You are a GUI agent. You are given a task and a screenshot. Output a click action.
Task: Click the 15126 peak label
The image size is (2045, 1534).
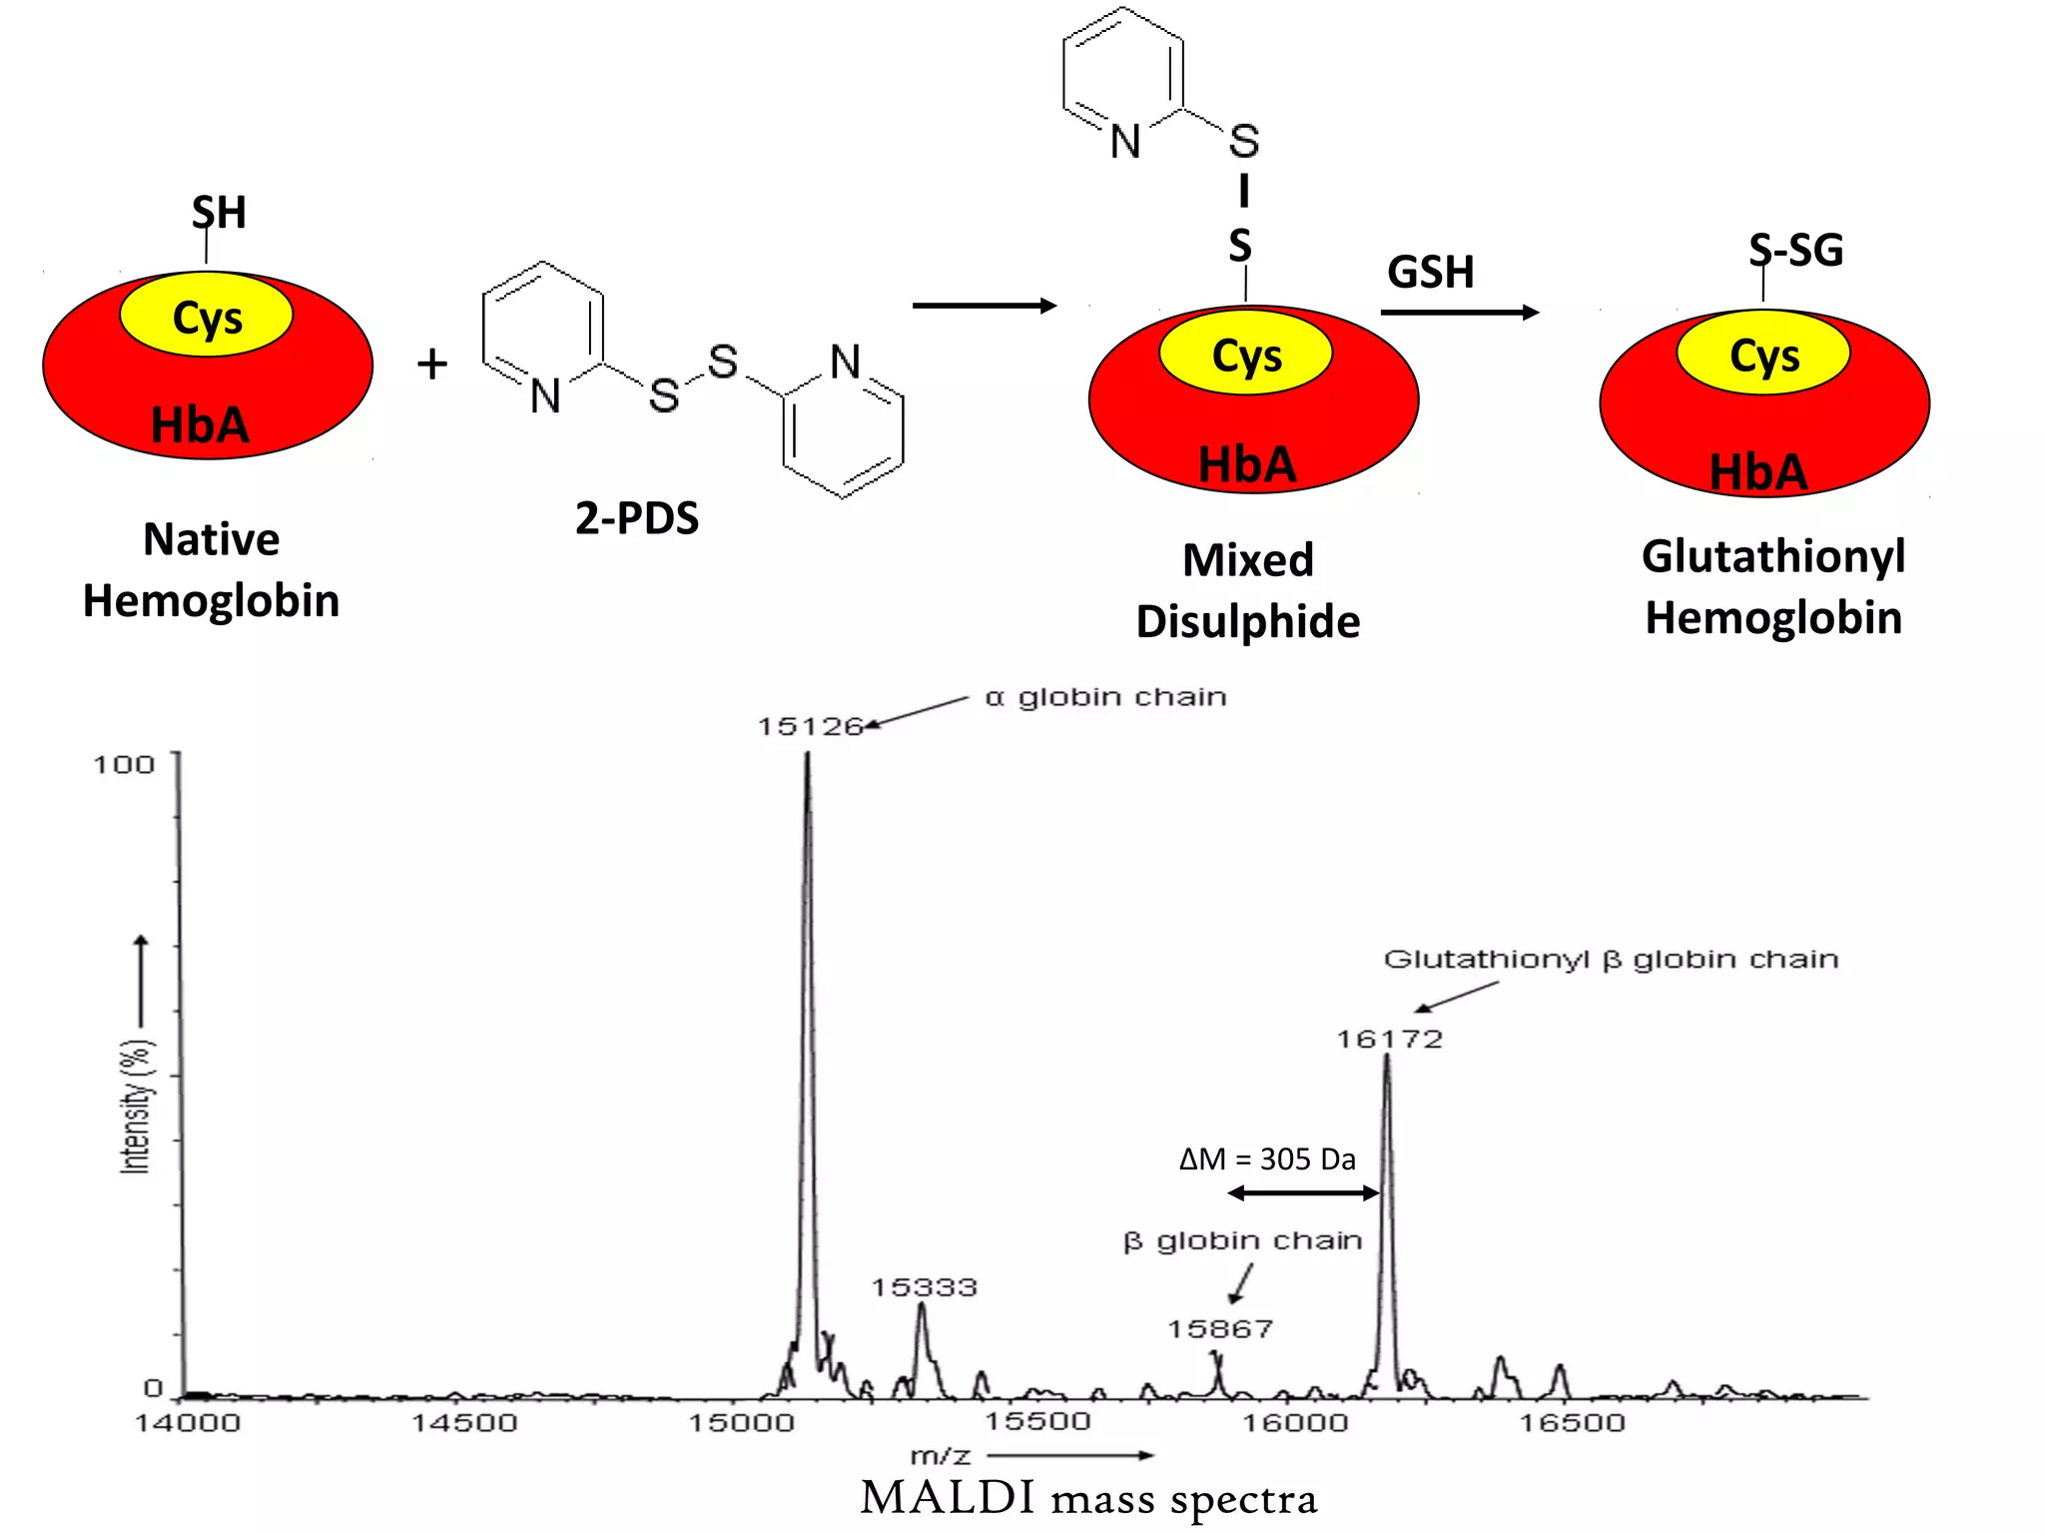pyautogui.click(x=809, y=726)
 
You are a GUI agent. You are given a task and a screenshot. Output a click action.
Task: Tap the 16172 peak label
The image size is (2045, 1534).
pyautogui.click(x=1389, y=1040)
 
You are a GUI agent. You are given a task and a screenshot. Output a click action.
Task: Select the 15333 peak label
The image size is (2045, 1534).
pyautogui.click(x=924, y=1287)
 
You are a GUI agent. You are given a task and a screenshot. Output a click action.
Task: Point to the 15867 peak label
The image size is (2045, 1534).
pyautogui.click(x=1219, y=1329)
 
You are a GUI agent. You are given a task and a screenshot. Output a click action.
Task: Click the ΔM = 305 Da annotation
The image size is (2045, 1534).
pyautogui.click(x=1267, y=1159)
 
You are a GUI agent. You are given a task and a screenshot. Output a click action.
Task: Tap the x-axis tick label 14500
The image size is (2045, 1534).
pyautogui.click(x=464, y=1423)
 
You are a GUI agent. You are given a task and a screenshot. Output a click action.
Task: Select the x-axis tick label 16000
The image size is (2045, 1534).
pyautogui.click(x=1294, y=1423)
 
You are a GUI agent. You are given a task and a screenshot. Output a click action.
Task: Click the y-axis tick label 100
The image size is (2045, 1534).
pyautogui.click(x=124, y=765)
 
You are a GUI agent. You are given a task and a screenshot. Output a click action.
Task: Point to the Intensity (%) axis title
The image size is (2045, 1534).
pyautogui.click(x=135, y=1107)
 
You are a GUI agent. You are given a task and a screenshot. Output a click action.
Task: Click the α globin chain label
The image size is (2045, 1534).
pyautogui.click(x=1105, y=697)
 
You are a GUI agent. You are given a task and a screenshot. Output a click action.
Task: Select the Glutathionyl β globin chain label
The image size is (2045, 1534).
pyautogui.click(x=1610, y=960)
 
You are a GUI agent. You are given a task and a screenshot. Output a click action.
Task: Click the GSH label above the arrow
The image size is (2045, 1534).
pyautogui.click(x=1430, y=273)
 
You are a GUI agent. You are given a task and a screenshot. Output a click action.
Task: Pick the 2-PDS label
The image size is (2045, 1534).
pyautogui.click(x=636, y=518)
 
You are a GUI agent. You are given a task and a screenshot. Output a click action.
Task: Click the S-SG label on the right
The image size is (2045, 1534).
pyautogui.click(x=1795, y=250)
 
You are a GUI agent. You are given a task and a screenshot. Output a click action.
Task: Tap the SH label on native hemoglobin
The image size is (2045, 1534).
pyautogui.click(x=219, y=213)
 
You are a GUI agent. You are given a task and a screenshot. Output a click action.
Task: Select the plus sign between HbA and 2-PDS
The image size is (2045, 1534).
pyautogui.click(x=432, y=364)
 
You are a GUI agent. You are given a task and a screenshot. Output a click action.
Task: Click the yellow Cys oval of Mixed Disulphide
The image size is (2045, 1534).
pyautogui.click(x=1245, y=355)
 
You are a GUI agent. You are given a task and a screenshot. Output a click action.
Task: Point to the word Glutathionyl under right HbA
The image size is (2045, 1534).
pyautogui.click(x=1772, y=556)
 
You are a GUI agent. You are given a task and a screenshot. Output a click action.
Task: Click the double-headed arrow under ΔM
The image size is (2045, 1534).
pyautogui.click(x=1303, y=1192)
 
